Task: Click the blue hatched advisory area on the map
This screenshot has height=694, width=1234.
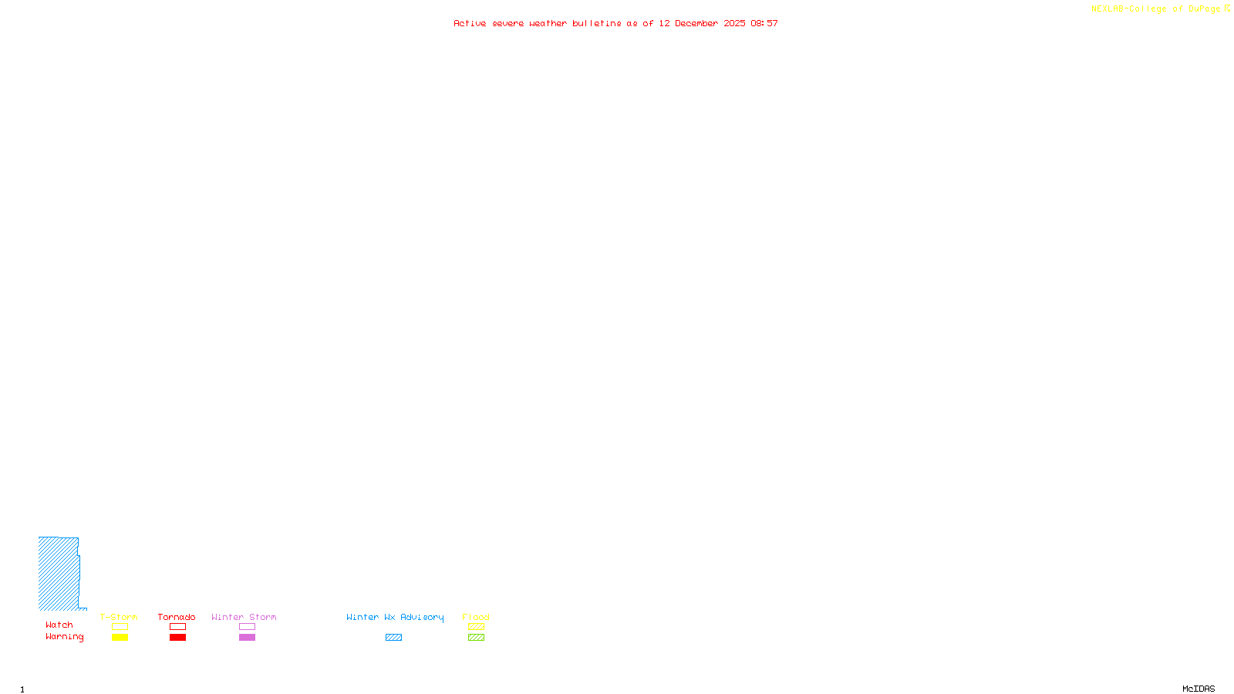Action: tap(59, 574)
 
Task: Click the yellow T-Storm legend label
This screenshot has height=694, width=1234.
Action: tap(119, 617)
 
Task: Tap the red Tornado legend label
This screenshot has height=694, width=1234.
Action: tap(177, 617)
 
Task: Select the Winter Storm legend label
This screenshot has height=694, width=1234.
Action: tap(244, 617)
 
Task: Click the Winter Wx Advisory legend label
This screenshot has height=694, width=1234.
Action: tap(395, 617)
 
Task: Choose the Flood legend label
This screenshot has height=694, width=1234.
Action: tap(476, 617)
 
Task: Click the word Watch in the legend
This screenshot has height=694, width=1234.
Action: tap(59, 625)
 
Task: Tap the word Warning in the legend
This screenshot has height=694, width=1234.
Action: tap(64, 637)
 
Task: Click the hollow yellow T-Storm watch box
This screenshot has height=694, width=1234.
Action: tap(120, 627)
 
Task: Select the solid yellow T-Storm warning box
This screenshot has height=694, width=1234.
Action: tap(120, 638)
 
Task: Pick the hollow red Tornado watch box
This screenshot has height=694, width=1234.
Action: tap(177, 627)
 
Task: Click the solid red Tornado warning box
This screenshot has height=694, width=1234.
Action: tap(177, 638)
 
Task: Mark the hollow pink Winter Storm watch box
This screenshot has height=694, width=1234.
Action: tap(247, 627)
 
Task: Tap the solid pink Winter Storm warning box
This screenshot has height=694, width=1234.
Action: tap(247, 638)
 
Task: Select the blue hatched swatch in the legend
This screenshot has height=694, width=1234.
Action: tap(393, 638)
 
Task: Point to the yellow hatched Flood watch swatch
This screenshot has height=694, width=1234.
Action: tap(476, 627)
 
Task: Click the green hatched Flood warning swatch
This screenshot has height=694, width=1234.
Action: tap(476, 638)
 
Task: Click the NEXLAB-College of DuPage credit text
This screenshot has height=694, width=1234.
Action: tap(1156, 9)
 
